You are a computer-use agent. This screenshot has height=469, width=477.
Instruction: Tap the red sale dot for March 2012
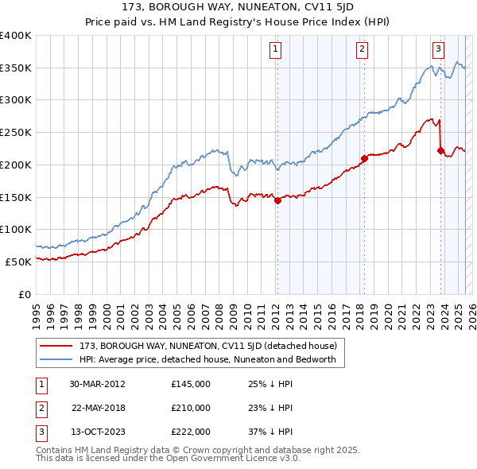(277, 201)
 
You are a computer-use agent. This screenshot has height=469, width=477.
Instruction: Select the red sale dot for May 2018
(364, 159)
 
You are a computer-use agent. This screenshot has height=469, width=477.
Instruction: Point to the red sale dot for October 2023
(440, 150)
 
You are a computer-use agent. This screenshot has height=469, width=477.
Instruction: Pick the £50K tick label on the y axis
(19, 262)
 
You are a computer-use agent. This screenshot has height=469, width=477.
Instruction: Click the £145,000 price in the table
(191, 384)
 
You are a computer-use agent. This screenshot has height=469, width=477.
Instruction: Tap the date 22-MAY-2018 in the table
(99, 408)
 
